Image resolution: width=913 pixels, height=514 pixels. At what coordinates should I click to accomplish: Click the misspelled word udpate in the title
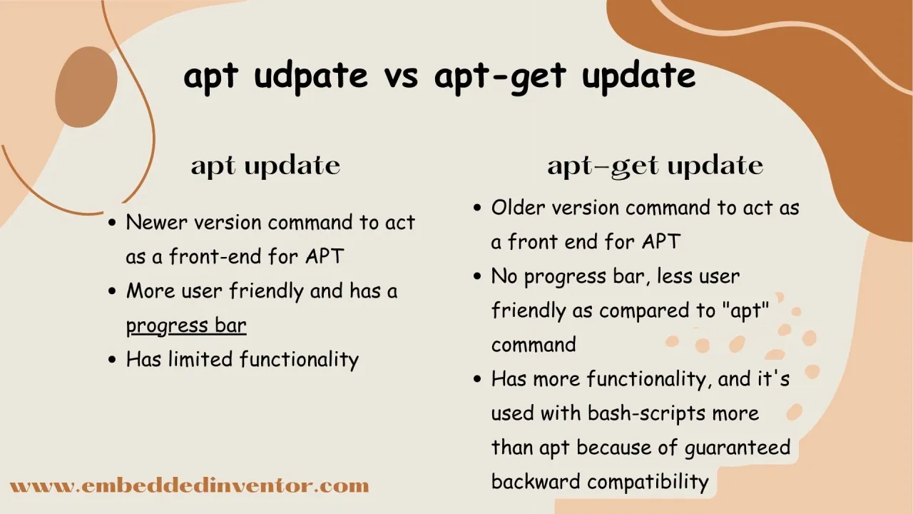pyautogui.click(x=311, y=76)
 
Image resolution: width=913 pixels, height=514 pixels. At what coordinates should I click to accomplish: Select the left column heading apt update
pyautogui.click(x=265, y=166)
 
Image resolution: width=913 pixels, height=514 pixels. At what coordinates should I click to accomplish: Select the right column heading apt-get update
pyautogui.click(x=655, y=166)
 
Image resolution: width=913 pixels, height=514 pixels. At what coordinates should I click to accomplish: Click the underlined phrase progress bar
pyautogui.click(x=186, y=326)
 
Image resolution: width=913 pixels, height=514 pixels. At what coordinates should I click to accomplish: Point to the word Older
pyautogui.click(x=518, y=208)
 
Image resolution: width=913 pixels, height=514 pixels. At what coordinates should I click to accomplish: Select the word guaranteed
pyautogui.click(x=738, y=448)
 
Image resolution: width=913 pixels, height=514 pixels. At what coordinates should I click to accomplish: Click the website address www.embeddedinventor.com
pyautogui.click(x=189, y=487)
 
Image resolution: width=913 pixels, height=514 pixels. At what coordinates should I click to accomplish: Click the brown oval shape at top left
pyautogui.click(x=86, y=86)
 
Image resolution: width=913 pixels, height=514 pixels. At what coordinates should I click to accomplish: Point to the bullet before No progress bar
pyautogui.click(x=477, y=277)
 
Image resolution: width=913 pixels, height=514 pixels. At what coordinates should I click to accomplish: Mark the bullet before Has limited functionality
pyautogui.click(x=112, y=360)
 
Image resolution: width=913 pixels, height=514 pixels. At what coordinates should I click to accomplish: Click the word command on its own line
pyautogui.click(x=534, y=345)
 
